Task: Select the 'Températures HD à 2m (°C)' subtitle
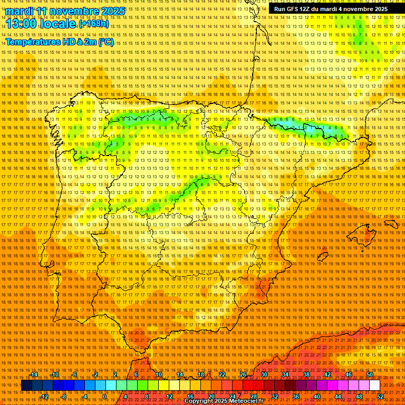point(59,42)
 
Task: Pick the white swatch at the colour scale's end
point(375,385)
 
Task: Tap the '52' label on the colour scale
point(381,397)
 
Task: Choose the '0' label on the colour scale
point(105,397)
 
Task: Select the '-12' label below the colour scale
point(44,397)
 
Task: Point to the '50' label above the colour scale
point(369,374)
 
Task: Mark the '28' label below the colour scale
point(254,397)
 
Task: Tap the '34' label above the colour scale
point(285,374)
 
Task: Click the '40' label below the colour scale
point(317,397)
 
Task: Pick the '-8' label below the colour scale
point(65,397)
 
